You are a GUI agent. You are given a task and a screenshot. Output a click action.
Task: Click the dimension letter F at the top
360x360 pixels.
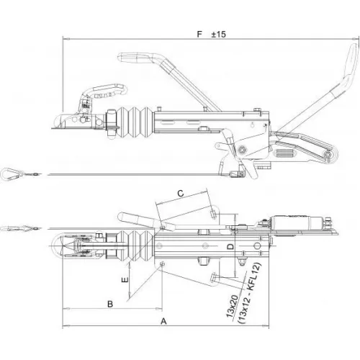pyautogui.click(x=199, y=34)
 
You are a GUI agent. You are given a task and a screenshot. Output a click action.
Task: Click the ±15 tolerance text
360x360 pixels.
pyautogui.click(x=218, y=35)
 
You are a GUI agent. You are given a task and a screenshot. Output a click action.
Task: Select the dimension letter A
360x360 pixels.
pyautogui.click(x=163, y=321)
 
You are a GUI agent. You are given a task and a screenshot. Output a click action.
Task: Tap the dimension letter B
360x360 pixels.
pyautogui.click(x=110, y=304)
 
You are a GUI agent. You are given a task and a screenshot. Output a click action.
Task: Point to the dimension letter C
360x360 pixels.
pyautogui.click(x=181, y=193)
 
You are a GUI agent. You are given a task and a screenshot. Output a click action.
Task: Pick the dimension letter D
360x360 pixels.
pyautogui.click(x=230, y=246)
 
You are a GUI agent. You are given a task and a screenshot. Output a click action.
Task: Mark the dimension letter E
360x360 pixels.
pyautogui.click(x=125, y=279)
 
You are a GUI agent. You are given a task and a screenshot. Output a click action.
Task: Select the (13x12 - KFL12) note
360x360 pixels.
pyautogui.click(x=250, y=293)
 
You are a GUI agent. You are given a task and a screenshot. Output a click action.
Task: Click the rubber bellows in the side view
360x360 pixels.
pyautogui.click(x=135, y=122)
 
